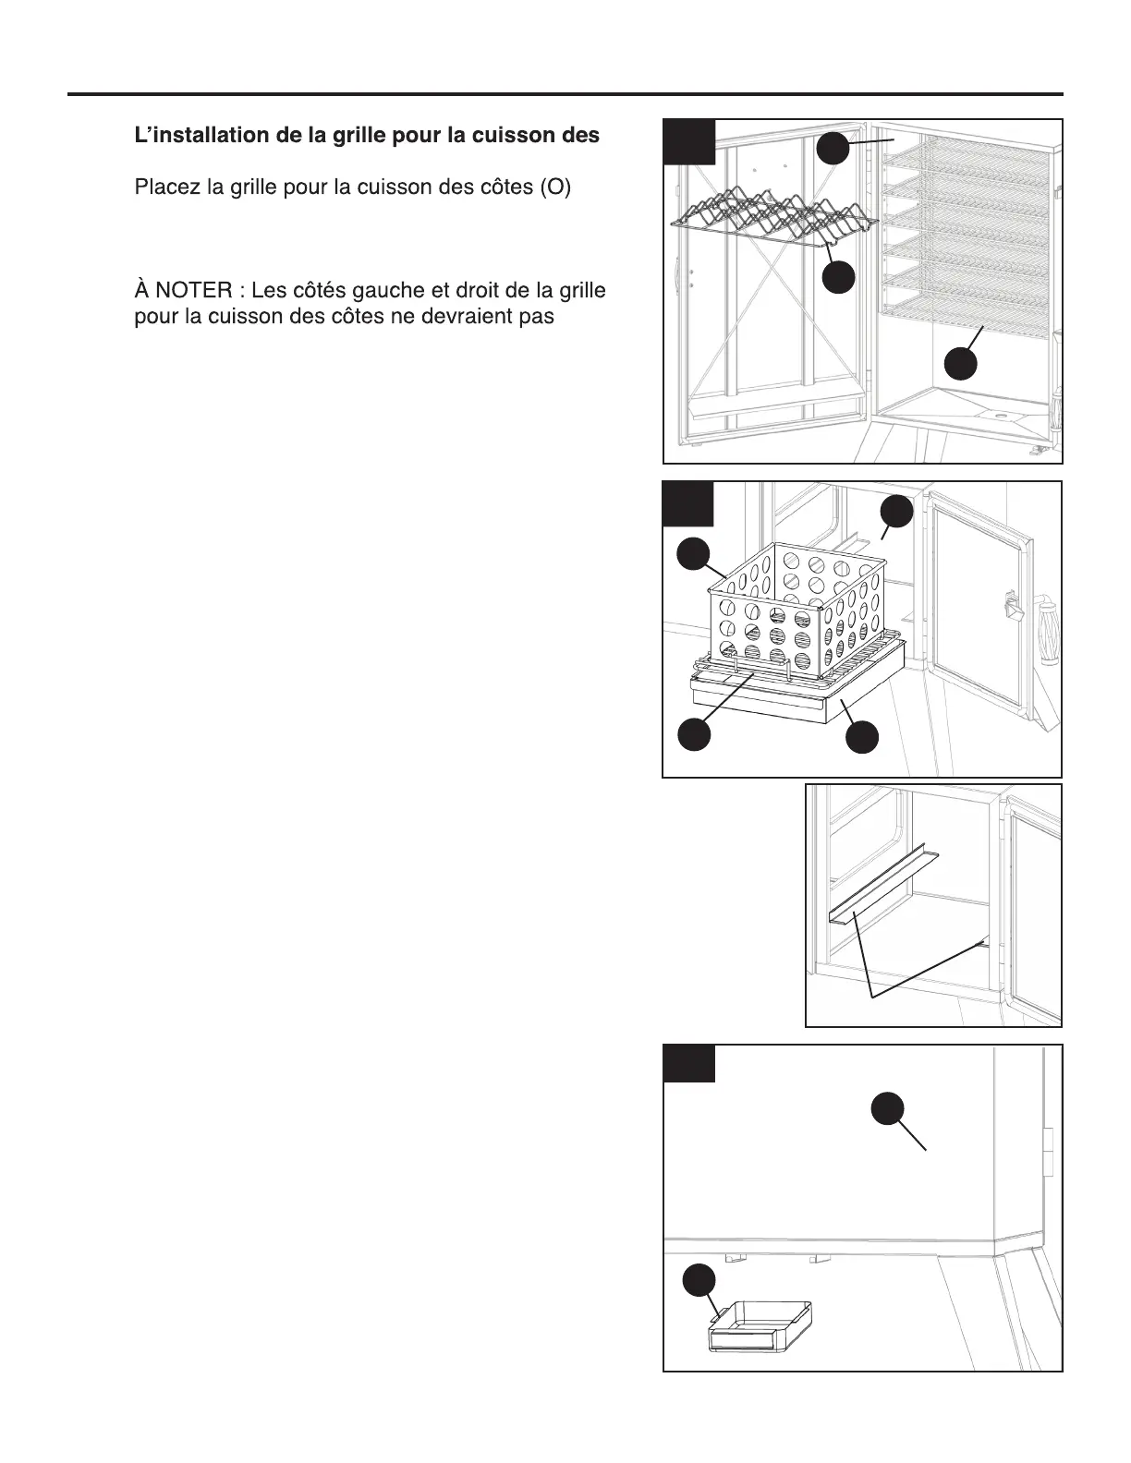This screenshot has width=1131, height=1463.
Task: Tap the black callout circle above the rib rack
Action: click(x=833, y=148)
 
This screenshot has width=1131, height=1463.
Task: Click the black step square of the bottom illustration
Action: click(x=689, y=1063)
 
